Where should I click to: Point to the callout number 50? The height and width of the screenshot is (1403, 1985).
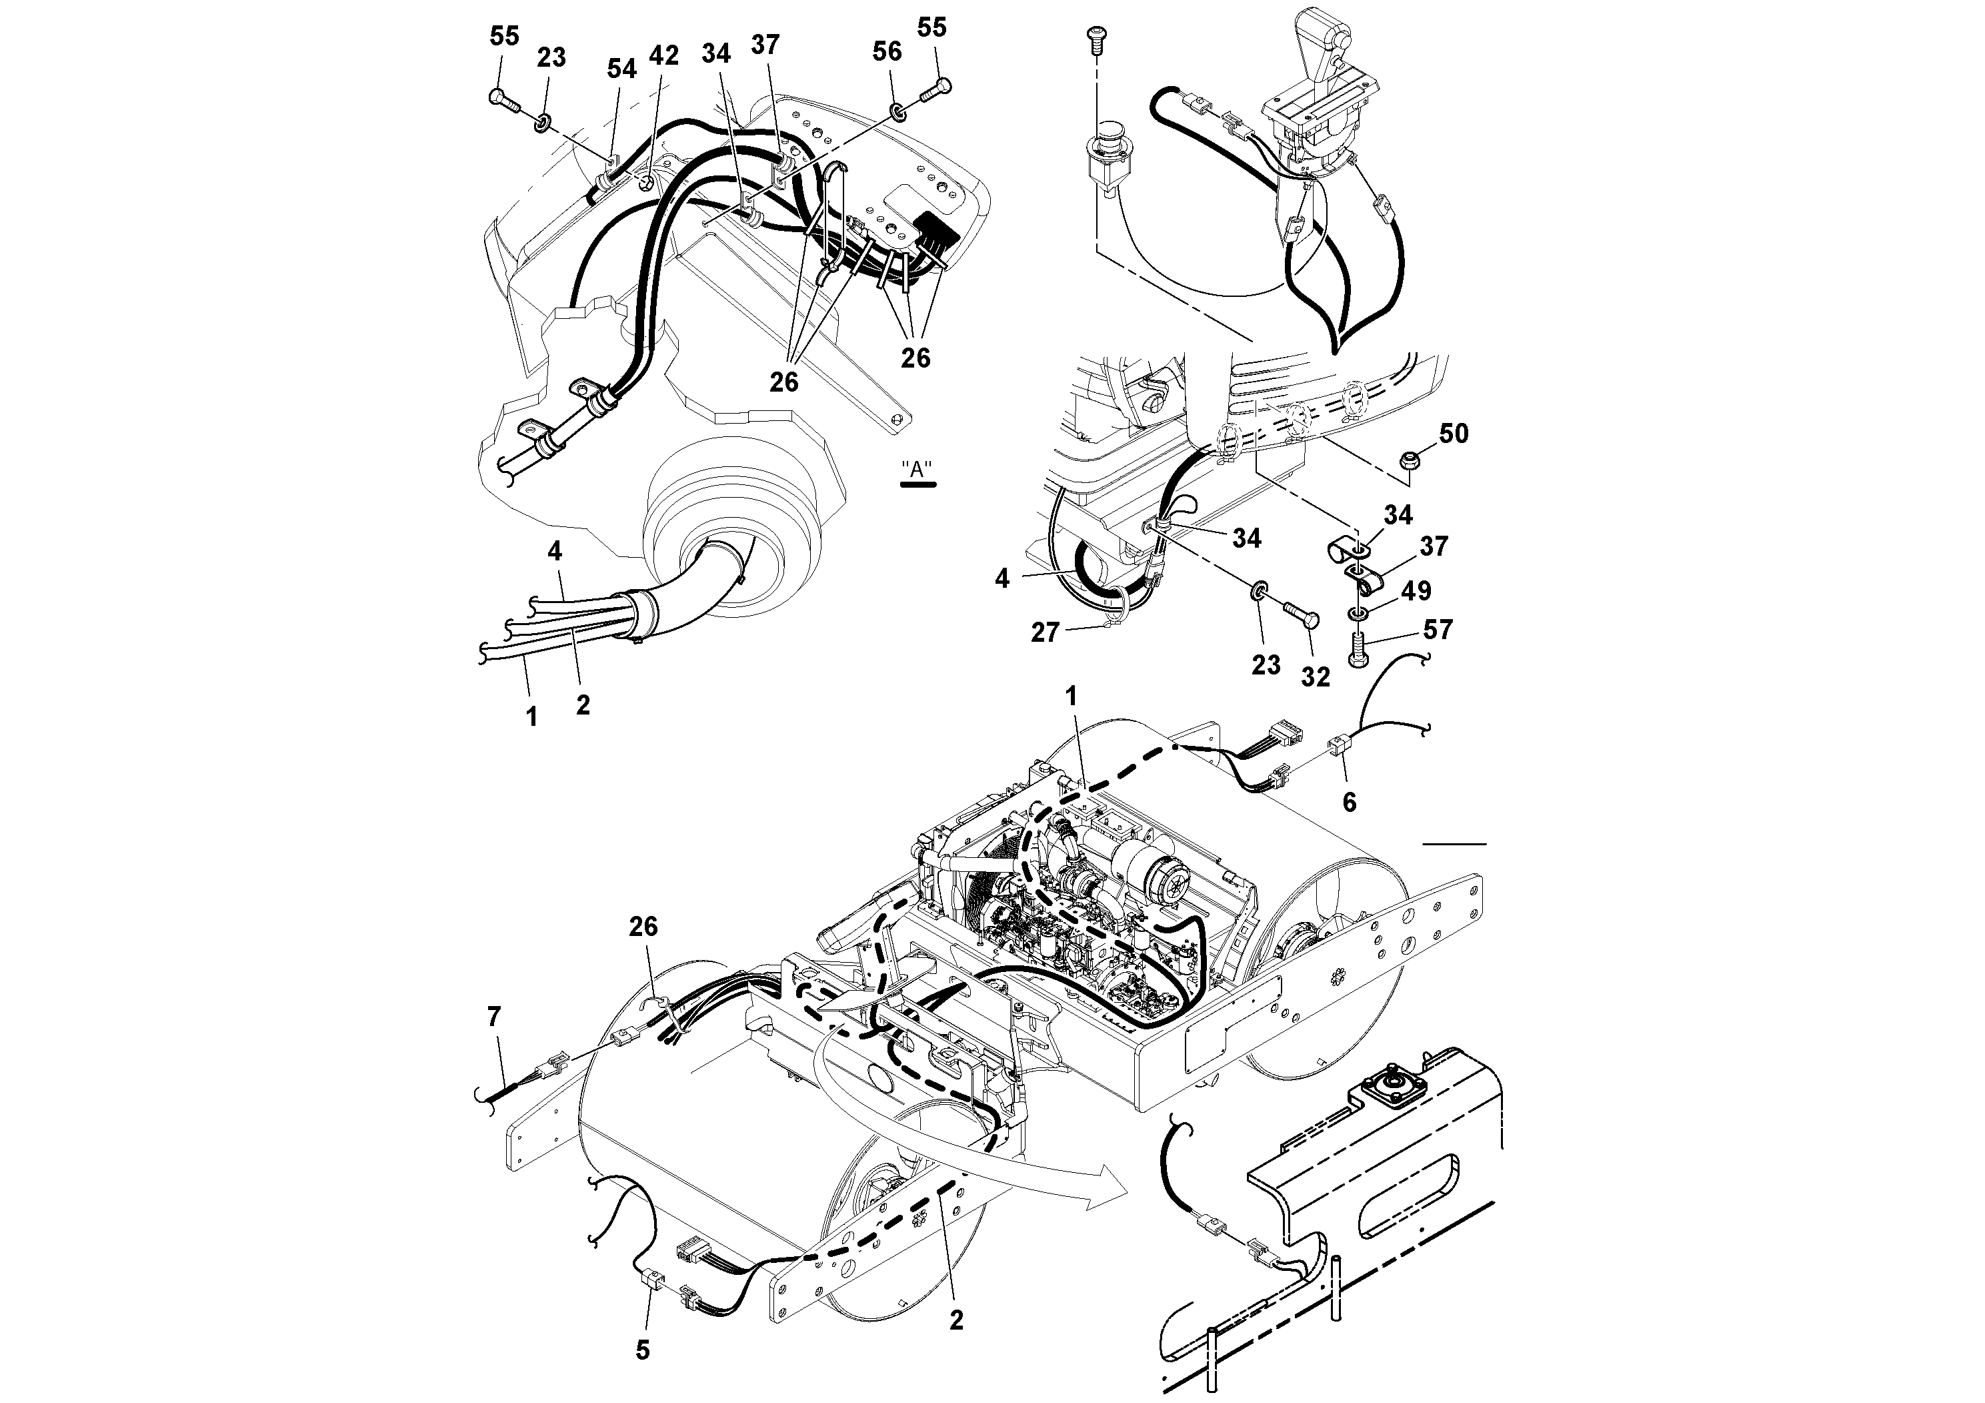[x=1454, y=434]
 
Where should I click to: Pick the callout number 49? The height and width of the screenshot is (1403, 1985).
[x=1416, y=591]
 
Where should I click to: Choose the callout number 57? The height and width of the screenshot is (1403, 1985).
[x=1438, y=630]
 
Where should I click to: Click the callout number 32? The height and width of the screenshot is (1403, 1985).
[x=1315, y=676]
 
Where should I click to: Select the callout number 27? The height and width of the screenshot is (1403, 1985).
[x=1044, y=633]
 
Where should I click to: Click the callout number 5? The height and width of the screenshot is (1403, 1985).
[x=642, y=1350]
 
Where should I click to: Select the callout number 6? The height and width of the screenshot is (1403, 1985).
[x=1349, y=802]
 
